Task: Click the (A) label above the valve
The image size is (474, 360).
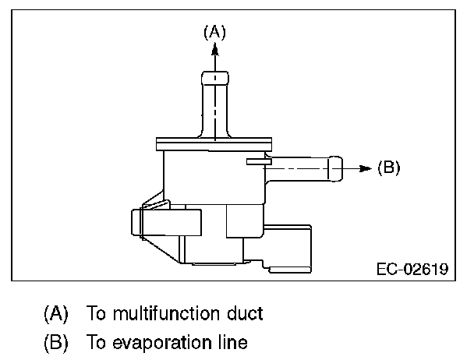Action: click(x=214, y=32)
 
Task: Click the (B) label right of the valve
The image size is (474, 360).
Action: click(x=387, y=168)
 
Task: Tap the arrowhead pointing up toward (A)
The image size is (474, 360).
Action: click(x=214, y=49)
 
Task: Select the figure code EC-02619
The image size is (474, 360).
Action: click(x=412, y=270)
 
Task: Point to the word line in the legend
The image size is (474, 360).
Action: click(x=232, y=342)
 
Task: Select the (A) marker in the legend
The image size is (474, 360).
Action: click(x=55, y=314)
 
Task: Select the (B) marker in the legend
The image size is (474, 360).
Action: click(x=55, y=342)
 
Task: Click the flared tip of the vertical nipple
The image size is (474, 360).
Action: click(x=215, y=78)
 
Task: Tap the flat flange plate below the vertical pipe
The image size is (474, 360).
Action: click(x=214, y=143)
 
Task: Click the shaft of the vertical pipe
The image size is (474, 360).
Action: click(x=215, y=109)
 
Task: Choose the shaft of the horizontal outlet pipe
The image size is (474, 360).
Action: click(x=300, y=167)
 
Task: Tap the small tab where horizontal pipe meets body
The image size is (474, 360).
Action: click(x=257, y=161)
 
